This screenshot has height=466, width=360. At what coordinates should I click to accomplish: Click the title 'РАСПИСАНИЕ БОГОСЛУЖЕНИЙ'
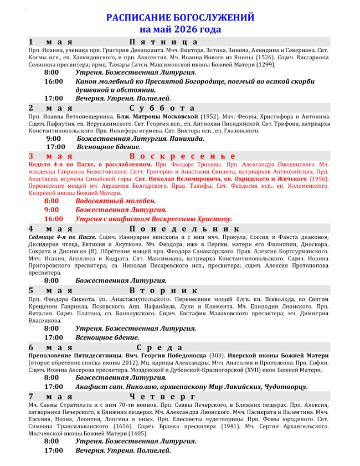tap(180, 18)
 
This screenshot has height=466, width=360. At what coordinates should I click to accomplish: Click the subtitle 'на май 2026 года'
tap(180, 29)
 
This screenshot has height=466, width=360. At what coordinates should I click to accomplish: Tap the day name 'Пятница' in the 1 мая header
tap(163, 42)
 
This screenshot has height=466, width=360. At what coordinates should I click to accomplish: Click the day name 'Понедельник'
tap(184, 228)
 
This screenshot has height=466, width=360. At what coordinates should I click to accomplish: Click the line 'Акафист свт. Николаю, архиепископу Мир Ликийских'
tap(191, 386)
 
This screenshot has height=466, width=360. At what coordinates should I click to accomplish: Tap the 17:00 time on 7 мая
tap(53, 450)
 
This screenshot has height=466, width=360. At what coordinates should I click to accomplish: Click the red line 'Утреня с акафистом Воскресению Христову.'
tap(154, 219)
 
